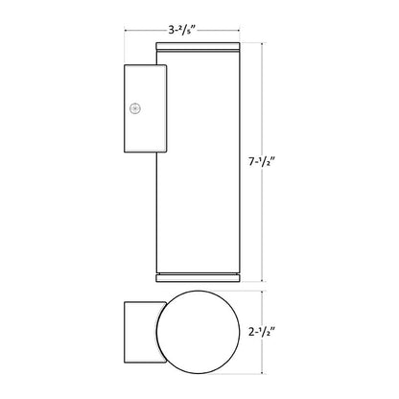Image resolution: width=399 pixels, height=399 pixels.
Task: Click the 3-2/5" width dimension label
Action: pos(182,30)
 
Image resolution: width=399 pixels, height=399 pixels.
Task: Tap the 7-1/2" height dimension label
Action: pos(262,162)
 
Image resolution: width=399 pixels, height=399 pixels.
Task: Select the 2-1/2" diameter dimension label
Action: pos(262,332)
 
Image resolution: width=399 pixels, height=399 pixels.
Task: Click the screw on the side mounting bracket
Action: pos(135,108)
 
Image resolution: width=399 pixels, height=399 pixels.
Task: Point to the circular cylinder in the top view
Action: pos(198,332)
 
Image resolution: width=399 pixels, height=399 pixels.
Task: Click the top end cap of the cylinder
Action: pos(198,47)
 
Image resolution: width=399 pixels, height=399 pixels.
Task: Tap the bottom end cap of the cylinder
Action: pos(198,277)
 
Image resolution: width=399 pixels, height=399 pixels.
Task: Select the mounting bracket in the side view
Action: pos(146,108)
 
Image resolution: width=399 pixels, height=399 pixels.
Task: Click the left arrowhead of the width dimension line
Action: pos(126,31)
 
